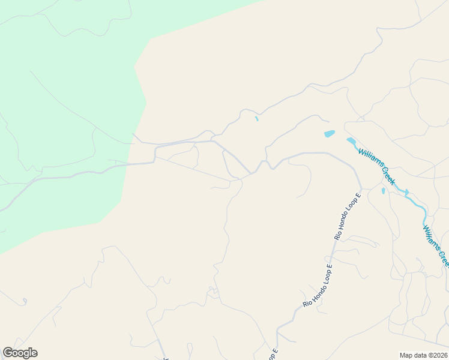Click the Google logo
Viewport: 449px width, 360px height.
tap(20, 353)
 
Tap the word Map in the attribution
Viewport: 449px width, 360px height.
tap(406, 355)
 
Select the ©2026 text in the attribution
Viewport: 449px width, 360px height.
tap(437, 355)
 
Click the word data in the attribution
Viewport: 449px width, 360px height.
tap(420, 355)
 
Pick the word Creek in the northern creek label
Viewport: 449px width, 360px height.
tap(387, 175)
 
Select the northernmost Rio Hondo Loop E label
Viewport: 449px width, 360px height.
tap(348, 216)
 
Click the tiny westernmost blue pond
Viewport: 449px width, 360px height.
tap(256, 119)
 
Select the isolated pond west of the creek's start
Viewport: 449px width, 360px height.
tap(329, 134)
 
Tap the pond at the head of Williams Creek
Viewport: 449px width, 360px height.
tap(351, 141)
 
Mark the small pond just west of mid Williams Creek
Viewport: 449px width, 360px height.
tap(383, 191)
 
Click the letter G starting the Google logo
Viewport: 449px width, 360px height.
tap(8, 353)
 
